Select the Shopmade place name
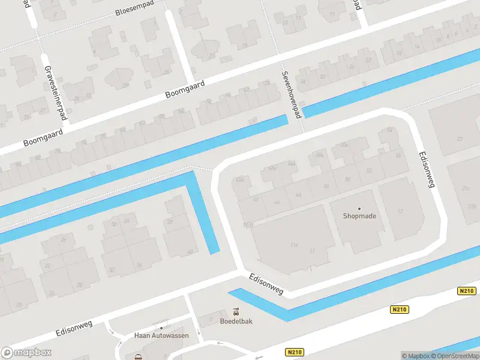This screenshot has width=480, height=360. (x=359, y=216)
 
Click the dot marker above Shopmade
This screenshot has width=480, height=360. (x=359, y=208)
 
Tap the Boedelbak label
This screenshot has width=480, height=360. (x=236, y=321)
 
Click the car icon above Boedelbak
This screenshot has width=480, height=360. (x=236, y=312)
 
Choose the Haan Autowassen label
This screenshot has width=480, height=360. (x=161, y=335)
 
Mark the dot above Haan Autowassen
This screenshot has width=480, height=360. (x=161, y=328)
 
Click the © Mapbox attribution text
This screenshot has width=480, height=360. (x=416, y=356)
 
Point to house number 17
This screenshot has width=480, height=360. (x=400, y=212)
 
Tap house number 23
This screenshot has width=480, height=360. (x=459, y=139)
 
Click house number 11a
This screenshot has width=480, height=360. (x=294, y=245)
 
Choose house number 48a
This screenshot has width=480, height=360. (x=320, y=155)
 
